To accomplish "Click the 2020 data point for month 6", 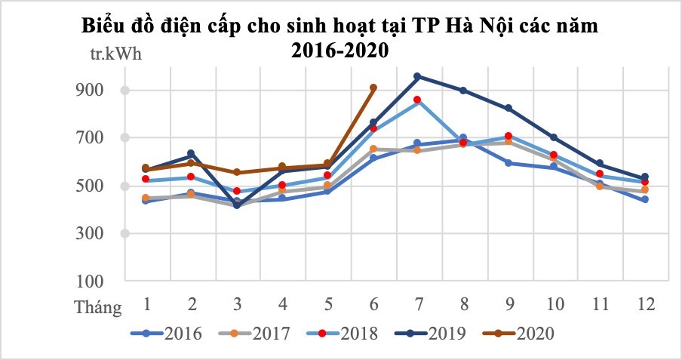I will (x=373, y=88).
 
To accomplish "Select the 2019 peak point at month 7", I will (x=418, y=76).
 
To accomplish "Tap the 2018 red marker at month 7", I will (x=418, y=100).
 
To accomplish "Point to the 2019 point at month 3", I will (x=237, y=205).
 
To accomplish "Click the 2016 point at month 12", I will (x=645, y=200).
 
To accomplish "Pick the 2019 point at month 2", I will (x=192, y=154).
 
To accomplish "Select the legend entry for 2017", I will (x=256, y=333).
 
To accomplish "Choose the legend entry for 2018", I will (x=344, y=333).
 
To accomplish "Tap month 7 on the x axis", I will (x=418, y=304).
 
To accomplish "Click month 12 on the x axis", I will (x=645, y=304).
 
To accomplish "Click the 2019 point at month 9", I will (x=508, y=109).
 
